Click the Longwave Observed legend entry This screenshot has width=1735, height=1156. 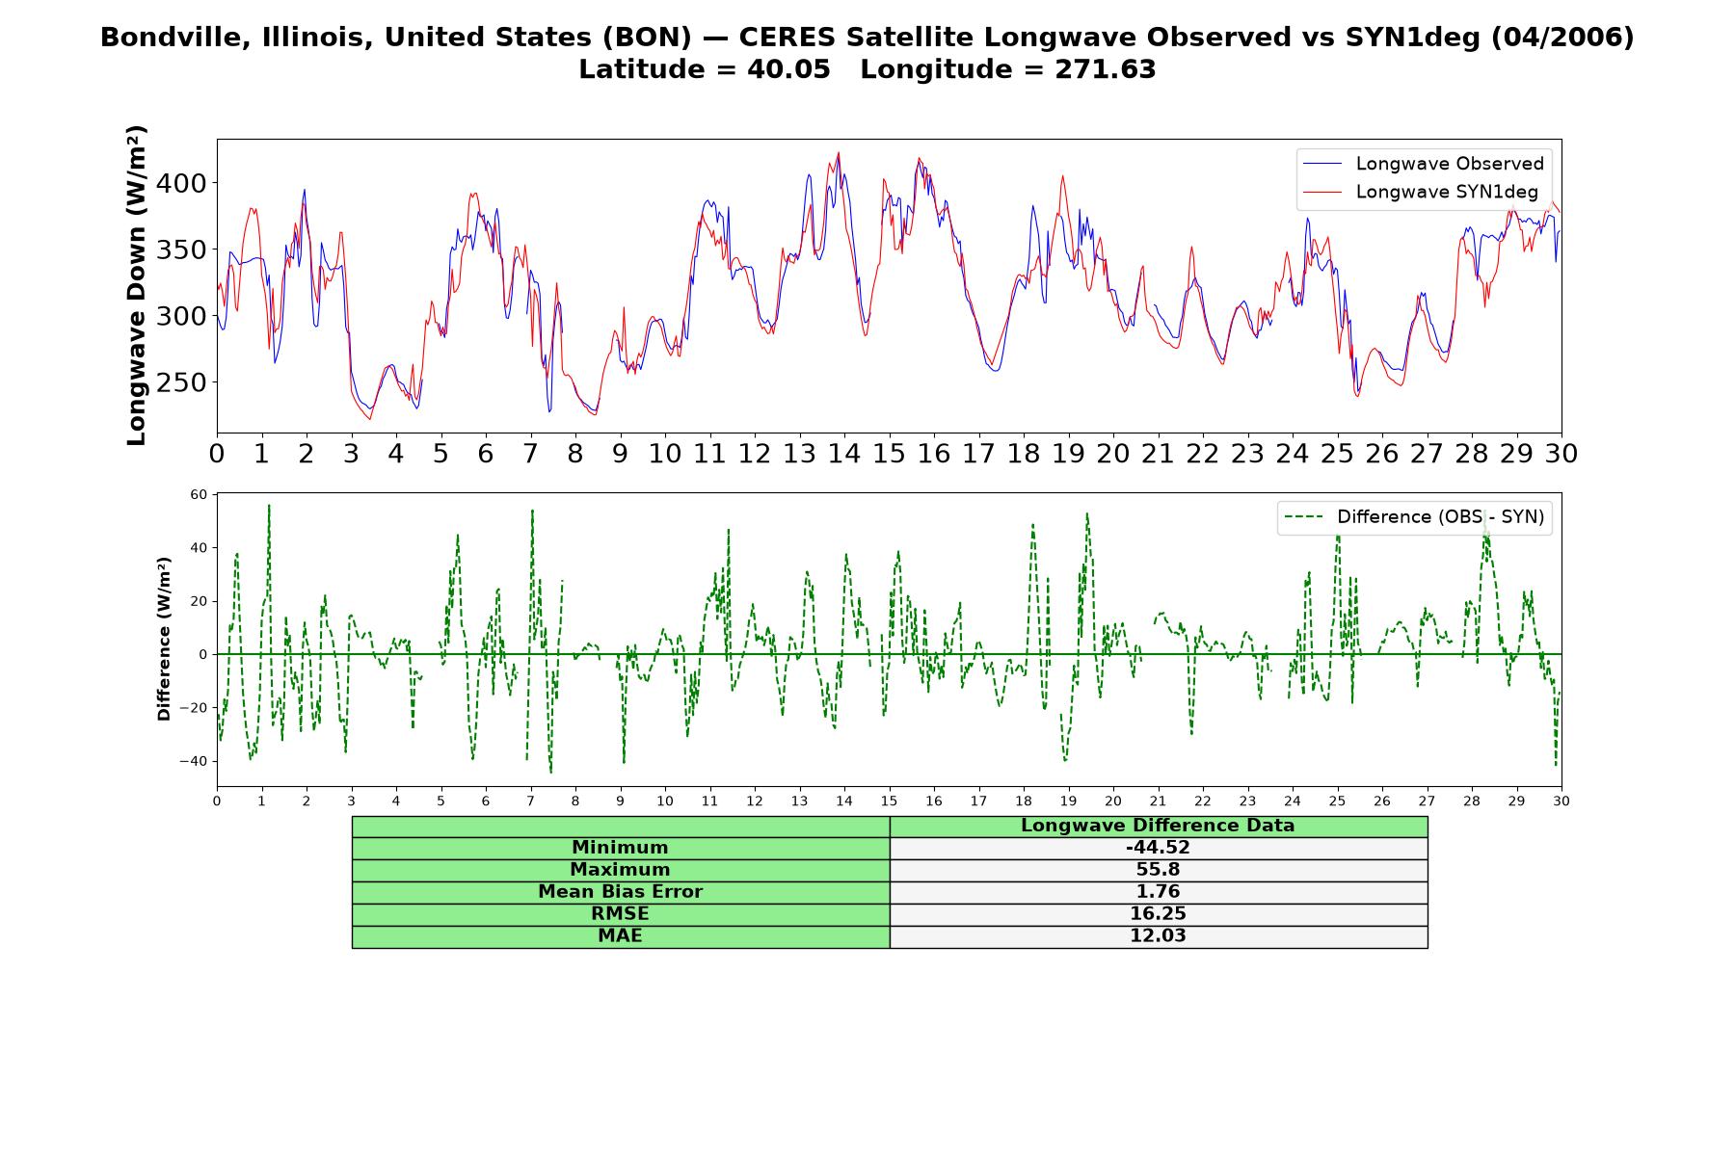click(x=1423, y=164)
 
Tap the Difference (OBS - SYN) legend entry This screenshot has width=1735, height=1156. click(x=1414, y=517)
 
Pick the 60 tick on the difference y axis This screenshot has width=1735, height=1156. click(x=199, y=495)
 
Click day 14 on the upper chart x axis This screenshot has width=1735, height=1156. click(x=844, y=453)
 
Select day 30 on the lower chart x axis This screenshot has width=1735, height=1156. click(x=1561, y=801)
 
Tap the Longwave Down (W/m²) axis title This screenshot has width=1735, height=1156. click(x=137, y=285)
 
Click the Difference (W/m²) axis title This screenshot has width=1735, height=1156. click(x=164, y=639)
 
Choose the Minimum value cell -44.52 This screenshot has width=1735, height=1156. click(x=1158, y=848)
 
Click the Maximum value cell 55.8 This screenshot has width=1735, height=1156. click(x=1158, y=870)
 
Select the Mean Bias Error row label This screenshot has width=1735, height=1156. click(x=620, y=892)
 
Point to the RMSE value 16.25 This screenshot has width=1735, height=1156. click(x=1158, y=914)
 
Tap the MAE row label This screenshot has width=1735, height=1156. click(x=620, y=936)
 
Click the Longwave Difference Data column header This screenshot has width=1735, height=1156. click(x=1158, y=826)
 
